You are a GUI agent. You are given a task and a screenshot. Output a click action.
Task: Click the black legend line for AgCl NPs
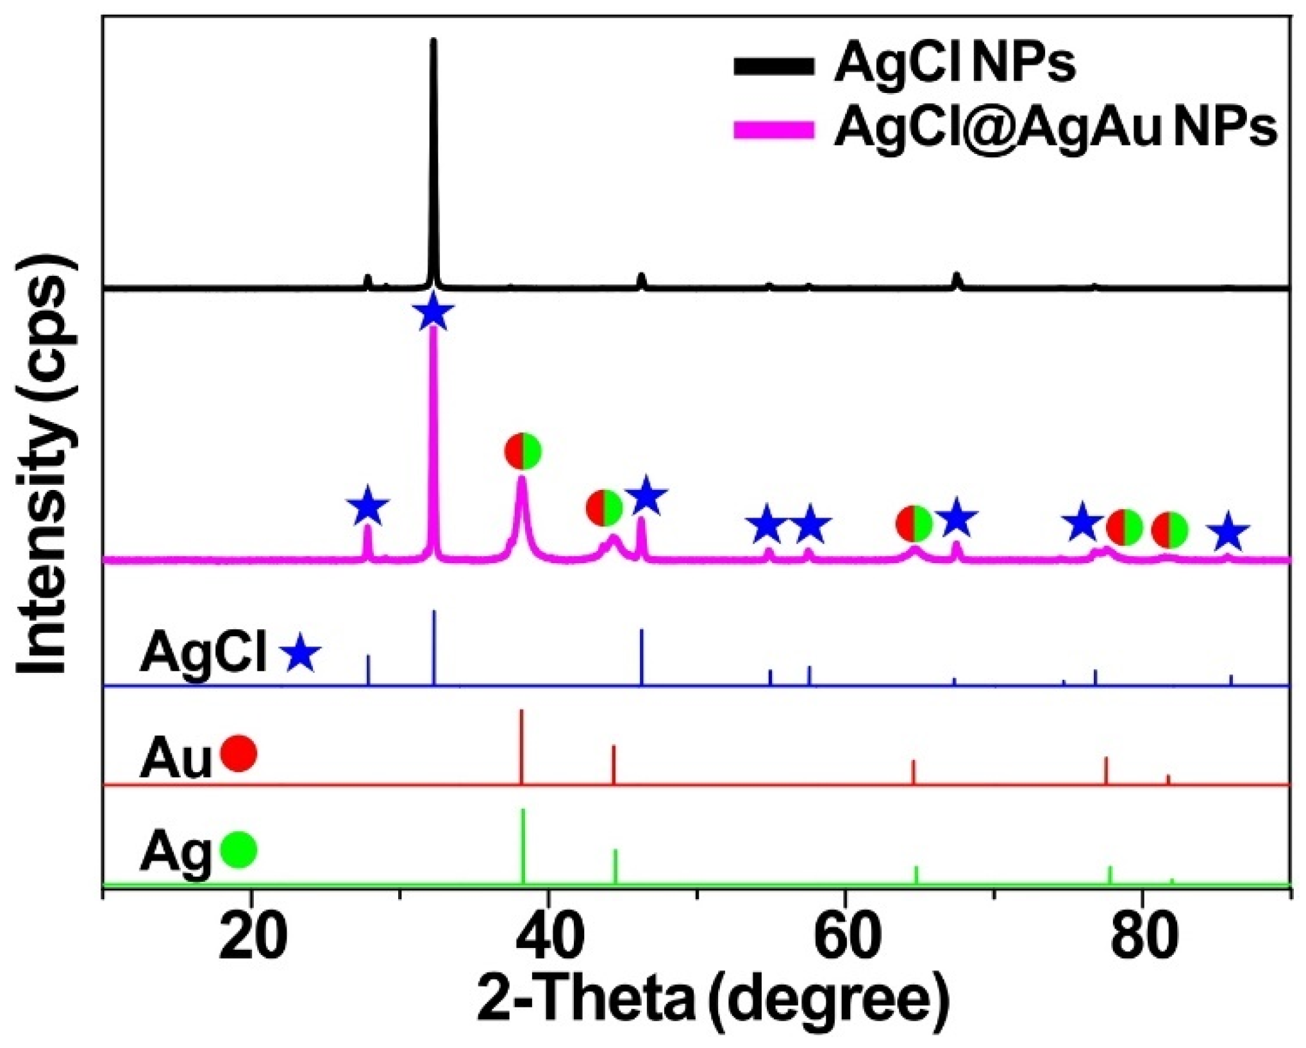(774, 66)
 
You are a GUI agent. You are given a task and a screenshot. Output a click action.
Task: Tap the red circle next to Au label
(239, 754)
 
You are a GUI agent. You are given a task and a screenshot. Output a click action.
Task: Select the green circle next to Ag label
(239, 850)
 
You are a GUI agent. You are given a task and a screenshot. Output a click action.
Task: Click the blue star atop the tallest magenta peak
(434, 312)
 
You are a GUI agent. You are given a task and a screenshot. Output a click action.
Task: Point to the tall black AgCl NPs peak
(433, 160)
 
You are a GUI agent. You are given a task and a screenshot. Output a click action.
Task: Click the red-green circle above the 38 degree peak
(523, 452)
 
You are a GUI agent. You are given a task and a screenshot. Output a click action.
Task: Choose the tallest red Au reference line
(522, 747)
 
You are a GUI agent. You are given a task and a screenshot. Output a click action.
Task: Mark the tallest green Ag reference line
(523, 847)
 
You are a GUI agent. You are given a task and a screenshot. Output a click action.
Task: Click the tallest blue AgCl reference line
(434, 648)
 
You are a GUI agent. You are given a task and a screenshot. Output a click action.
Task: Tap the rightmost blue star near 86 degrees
(1227, 532)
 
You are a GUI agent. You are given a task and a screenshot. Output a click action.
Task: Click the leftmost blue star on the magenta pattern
(367, 507)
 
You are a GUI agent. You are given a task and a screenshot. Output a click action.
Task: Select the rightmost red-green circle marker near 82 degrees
(1169, 530)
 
